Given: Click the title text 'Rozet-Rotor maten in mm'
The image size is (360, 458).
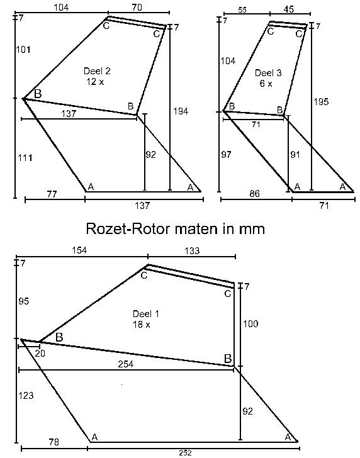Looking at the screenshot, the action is (x=176, y=228).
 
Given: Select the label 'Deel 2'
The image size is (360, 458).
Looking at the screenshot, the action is (x=97, y=71).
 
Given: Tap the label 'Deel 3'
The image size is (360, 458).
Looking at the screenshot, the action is (x=268, y=73).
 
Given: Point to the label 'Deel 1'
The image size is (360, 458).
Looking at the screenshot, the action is (x=146, y=314).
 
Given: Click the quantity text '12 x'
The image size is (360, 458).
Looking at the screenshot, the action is (x=95, y=82).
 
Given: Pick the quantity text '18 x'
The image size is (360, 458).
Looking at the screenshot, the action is (x=142, y=325).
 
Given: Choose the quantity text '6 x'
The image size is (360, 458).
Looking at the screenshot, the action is (x=266, y=84).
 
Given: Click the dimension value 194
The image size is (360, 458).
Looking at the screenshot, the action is (x=181, y=111).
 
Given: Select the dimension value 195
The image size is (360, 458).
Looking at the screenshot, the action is (x=321, y=102).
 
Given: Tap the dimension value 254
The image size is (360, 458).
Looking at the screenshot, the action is (x=126, y=364).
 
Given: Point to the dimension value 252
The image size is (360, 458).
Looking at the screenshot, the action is (x=185, y=453).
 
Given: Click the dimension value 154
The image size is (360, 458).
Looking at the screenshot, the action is (x=79, y=250).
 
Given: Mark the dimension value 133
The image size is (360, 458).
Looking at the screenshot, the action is (x=193, y=250).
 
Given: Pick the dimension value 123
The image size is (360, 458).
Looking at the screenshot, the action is (x=26, y=396).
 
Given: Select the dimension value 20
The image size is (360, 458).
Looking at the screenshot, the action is (x=40, y=354).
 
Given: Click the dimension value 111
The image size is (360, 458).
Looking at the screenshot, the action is (x=25, y=158).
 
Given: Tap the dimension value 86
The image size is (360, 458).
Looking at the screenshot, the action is (x=254, y=193).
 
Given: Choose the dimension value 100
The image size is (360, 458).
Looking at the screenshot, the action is (x=250, y=323).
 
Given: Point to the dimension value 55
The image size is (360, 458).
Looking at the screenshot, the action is (x=242, y=10).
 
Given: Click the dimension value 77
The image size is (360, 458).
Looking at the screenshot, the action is (x=52, y=194).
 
